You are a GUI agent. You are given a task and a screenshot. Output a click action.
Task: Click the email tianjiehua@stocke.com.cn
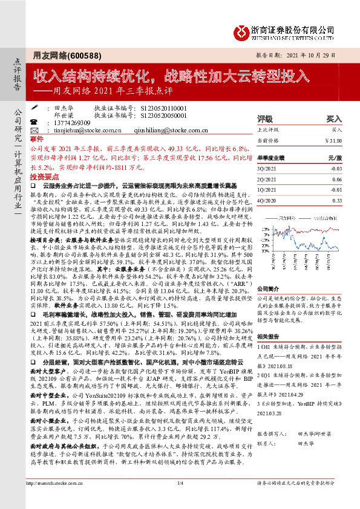point(79,129)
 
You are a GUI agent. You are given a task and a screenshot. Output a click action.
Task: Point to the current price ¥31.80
point(332,140)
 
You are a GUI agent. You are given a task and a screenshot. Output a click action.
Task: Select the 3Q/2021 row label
point(267,170)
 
